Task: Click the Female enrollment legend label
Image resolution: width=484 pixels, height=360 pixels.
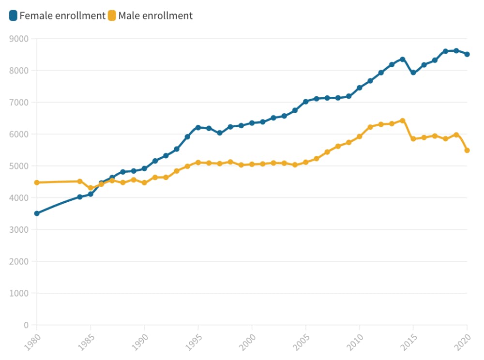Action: pos(62,16)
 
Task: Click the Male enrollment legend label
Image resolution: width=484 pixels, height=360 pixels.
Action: pos(155,16)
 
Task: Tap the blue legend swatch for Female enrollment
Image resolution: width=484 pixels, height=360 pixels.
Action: pos(14,16)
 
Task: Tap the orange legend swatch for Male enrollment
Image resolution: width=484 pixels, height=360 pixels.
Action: pos(112,16)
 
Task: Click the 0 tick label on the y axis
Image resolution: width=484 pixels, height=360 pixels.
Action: pos(26,325)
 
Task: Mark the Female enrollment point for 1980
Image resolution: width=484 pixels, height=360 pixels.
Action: pos(37,213)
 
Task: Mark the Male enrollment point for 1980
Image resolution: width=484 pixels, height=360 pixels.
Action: pos(37,182)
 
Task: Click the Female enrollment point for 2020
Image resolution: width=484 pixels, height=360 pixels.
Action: pos(467,54)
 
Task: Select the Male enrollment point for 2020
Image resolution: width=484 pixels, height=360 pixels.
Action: pos(467,150)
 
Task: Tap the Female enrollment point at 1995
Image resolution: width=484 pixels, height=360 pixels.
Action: pos(198,127)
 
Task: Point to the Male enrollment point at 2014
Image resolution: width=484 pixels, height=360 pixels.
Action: pos(402,120)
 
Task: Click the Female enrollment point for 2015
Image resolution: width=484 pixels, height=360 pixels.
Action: pos(413,73)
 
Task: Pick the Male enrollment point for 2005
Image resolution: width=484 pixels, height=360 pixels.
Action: pos(305,162)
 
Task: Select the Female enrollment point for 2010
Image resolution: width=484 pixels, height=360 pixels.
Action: pos(360,88)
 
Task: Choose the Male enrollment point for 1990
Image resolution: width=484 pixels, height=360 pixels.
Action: pos(144,183)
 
